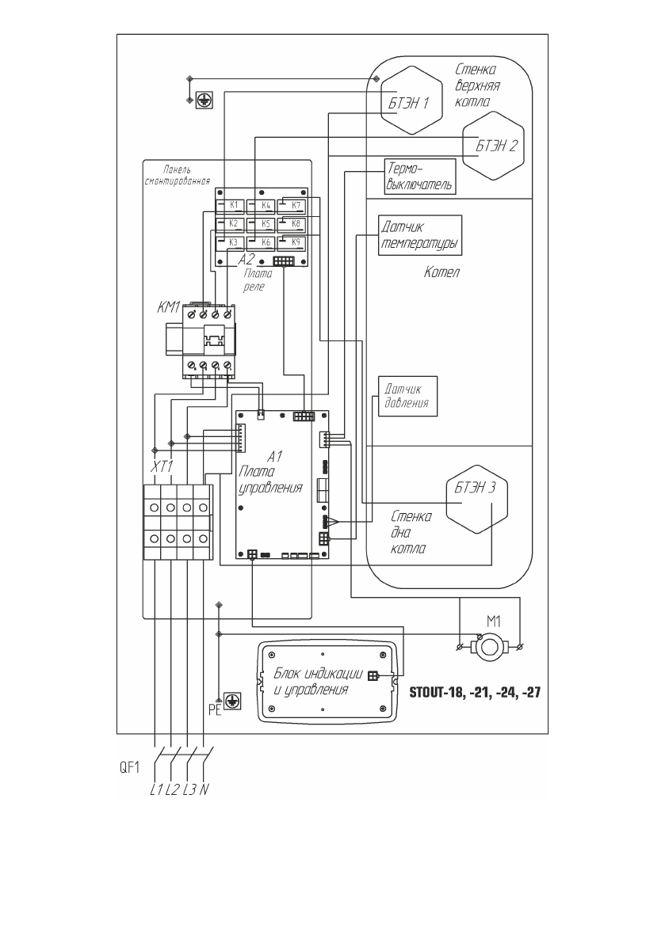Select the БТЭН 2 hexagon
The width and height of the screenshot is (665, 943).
point(495,146)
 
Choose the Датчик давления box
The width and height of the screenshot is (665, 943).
point(407,395)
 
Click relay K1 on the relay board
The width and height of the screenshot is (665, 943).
point(231,206)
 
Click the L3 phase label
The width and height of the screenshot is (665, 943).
point(189,790)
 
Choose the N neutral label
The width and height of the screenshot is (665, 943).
point(204,790)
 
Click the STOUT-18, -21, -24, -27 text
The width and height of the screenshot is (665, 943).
point(475,690)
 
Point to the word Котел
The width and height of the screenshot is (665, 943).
point(442,272)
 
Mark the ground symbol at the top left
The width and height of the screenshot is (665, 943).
point(203,100)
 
